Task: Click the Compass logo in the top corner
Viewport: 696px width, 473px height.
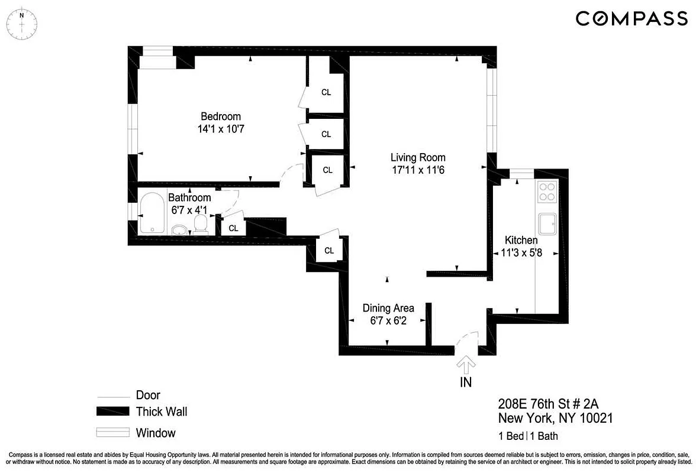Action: point(631,19)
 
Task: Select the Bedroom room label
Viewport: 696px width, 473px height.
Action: point(220,116)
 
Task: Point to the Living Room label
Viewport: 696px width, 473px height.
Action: point(418,157)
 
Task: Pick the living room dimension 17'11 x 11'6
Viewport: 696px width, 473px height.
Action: point(418,170)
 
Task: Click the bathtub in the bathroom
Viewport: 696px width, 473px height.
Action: point(153,213)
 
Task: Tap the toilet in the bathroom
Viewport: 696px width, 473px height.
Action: point(201,224)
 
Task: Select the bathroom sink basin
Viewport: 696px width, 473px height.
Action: point(178,229)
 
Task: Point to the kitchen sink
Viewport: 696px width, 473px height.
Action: point(547,224)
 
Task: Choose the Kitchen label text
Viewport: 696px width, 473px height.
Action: point(521,240)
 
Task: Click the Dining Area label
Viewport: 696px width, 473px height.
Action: point(388,308)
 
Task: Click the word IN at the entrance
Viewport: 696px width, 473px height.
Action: point(466,382)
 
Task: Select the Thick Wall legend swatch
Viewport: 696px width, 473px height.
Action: point(112,412)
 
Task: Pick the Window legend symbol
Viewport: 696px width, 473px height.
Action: point(112,432)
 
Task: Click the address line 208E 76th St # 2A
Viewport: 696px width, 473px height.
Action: point(548,404)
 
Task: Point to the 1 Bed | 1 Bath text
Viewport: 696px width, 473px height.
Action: point(528,437)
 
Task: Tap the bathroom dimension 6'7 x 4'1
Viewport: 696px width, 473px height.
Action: point(189,209)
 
